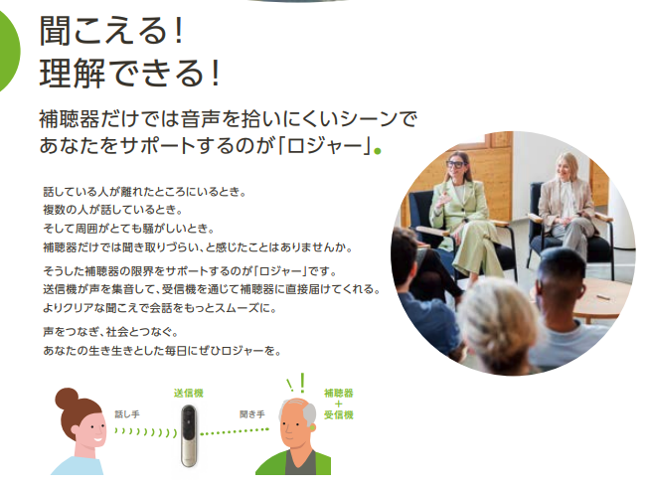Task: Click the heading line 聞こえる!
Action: [x=111, y=30]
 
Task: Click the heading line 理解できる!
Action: [x=129, y=73]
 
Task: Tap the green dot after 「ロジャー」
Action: [x=377, y=151]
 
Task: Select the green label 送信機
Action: [x=189, y=393]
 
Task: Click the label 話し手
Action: [x=127, y=414]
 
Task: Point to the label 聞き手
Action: [x=252, y=414]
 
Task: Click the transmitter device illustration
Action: [x=189, y=435]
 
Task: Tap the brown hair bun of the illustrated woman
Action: [x=67, y=399]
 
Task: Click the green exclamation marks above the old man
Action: [x=297, y=384]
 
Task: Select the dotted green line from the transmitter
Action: [x=235, y=431]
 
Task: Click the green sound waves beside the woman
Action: [x=146, y=432]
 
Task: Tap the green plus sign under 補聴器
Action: [x=339, y=404]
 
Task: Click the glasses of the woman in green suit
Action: [x=456, y=164]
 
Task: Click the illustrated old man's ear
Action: [x=312, y=427]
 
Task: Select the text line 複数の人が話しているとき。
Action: [x=113, y=210]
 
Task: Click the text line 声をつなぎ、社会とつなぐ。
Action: [x=110, y=332]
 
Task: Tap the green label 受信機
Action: [x=339, y=414]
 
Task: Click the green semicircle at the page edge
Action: [x=9, y=51]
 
